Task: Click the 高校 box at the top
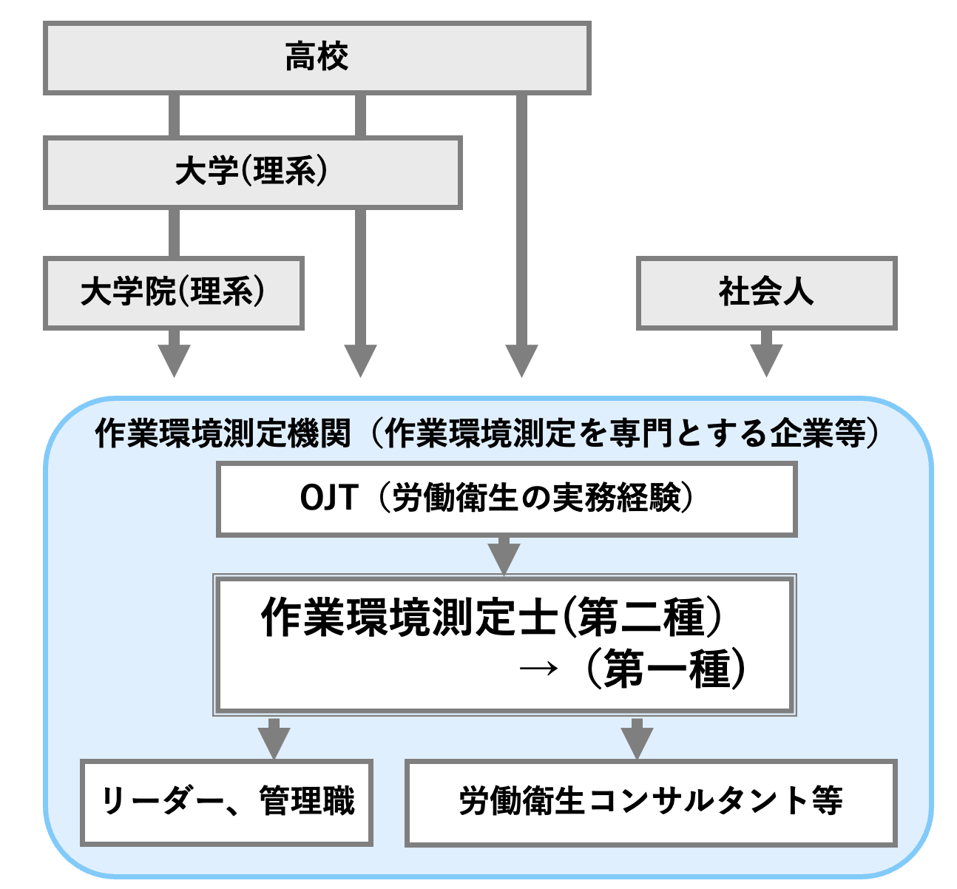[x=317, y=58]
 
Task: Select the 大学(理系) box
[x=252, y=172]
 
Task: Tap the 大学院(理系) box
[x=173, y=292]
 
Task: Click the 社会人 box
[x=766, y=292]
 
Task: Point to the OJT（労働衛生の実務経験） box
[x=506, y=498]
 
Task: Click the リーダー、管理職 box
[x=226, y=802]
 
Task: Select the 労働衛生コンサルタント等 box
[x=651, y=802]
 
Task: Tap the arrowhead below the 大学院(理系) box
[x=174, y=361]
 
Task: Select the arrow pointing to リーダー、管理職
[x=274, y=740]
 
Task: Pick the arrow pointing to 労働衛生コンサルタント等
[x=637, y=740]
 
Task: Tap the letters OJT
[x=329, y=498]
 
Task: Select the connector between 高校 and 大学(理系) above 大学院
[x=174, y=115]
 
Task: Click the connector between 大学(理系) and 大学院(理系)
[x=174, y=233]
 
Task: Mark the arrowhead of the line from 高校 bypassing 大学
[x=521, y=361]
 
